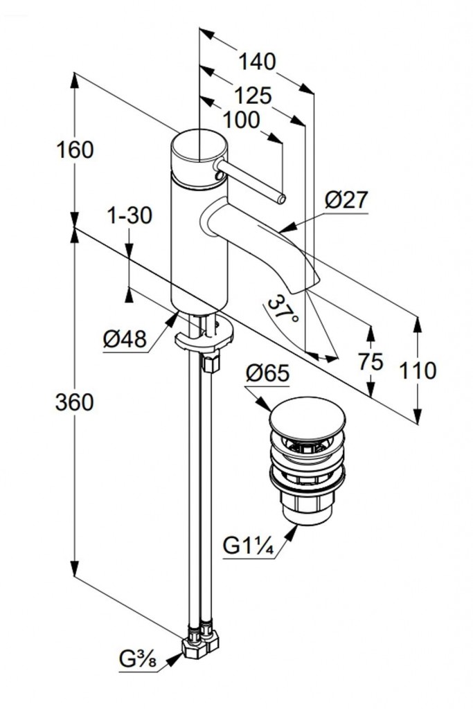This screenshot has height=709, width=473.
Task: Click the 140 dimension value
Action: (x=257, y=62)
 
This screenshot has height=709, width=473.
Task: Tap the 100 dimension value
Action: (x=242, y=120)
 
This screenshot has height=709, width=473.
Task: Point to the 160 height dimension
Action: (x=75, y=149)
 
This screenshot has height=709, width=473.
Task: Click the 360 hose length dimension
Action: (x=74, y=402)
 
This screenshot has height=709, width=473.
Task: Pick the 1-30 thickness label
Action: (x=130, y=216)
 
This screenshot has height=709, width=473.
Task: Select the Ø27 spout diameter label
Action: (x=346, y=200)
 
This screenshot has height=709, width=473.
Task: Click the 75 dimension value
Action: (x=372, y=361)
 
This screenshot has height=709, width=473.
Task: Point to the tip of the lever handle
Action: (x=280, y=199)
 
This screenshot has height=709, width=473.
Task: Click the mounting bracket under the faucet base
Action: (x=204, y=338)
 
